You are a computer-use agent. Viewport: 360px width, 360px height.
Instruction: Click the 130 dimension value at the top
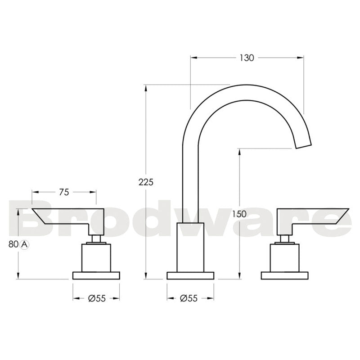tap(247, 58)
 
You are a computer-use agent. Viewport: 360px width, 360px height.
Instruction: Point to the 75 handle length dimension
tap(64, 192)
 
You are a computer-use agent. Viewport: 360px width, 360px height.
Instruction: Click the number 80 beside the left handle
tap(13, 244)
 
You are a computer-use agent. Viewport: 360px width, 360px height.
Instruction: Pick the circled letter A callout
tap(25, 244)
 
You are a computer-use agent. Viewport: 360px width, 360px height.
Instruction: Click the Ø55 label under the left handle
tap(97, 298)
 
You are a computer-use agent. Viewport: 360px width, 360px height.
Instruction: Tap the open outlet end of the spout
tap(304, 144)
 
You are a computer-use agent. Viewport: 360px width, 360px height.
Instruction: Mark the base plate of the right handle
tap(285, 275)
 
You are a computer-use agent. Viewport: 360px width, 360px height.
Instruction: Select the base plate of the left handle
tap(96, 275)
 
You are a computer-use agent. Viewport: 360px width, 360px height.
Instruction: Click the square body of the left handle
tap(96, 258)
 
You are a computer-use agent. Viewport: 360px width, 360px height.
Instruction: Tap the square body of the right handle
tap(285, 258)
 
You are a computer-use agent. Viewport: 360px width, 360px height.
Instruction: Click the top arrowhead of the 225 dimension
tap(146, 87)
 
